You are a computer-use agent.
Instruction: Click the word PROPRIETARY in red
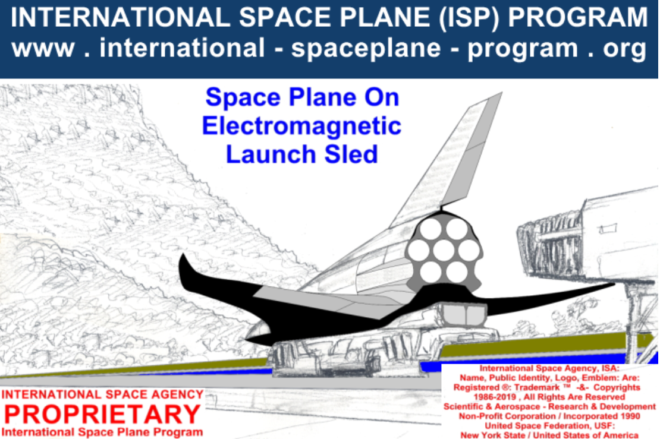coord(102,414)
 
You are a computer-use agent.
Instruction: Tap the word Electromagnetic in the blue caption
coord(302,126)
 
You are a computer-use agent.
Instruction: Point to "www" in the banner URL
coord(43,48)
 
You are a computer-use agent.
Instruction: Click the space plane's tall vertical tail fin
coord(450,160)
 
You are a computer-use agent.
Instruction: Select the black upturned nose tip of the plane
coord(185,269)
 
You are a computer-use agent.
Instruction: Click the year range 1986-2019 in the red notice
coord(494,397)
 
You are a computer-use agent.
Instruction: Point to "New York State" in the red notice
coord(493,435)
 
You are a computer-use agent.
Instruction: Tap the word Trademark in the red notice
coord(537,387)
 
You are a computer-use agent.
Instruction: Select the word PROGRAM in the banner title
coord(578,18)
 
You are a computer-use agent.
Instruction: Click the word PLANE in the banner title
coord(386,18)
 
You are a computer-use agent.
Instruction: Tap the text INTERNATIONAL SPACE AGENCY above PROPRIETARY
coord(103,394)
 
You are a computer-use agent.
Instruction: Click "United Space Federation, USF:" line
coord(549,425)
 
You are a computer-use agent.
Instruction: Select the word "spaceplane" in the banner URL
coord(366,50)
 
